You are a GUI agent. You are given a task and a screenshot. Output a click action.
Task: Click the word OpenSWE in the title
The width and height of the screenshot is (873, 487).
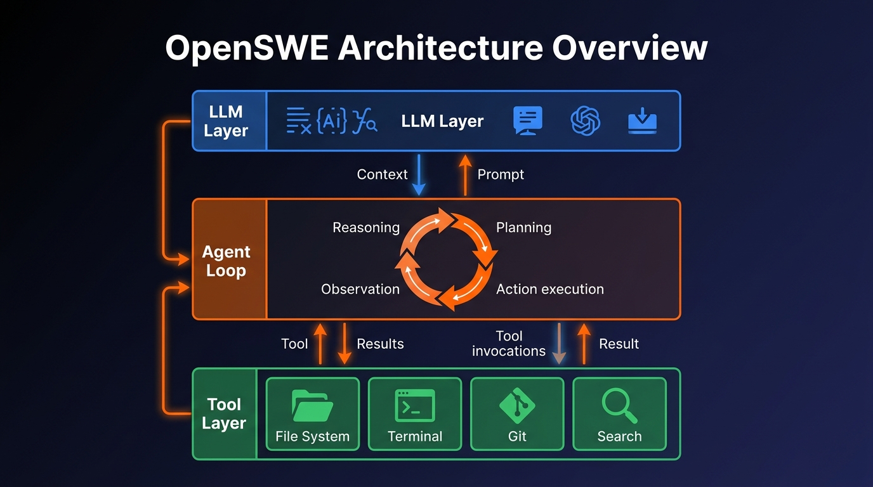tap(246, 48)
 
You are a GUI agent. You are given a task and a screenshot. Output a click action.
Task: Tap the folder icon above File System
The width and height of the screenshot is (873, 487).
tap(312, 406)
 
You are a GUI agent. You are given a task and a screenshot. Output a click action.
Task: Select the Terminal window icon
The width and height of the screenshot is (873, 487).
tap(415, 406)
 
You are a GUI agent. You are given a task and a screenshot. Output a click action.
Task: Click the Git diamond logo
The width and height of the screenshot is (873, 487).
tap(517, 405)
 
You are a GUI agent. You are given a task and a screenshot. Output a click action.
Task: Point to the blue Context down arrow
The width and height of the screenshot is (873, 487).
tap(419, 176)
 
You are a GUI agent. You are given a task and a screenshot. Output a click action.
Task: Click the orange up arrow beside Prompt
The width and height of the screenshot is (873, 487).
tap(465, 175)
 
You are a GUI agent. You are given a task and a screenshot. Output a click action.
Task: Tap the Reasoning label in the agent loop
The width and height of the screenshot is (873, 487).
tap(366, 228)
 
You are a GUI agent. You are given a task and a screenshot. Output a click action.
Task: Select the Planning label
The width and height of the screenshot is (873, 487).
tap(523, 228)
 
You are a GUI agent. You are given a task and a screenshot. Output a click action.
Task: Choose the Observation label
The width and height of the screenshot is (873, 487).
tap(360, 289)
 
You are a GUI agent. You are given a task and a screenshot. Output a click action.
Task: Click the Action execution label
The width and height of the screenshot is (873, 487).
tap(549, 289)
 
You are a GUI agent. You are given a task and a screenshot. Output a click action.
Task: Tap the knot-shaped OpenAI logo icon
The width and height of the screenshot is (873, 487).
tap(585, 120)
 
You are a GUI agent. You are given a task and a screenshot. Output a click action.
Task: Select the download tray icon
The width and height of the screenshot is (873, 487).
tap(642, 120)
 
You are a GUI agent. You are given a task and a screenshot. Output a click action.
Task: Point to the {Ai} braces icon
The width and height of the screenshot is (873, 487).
tap(331, 120)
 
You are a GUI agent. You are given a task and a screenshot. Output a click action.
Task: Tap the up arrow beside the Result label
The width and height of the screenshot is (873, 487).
tap(584, 344)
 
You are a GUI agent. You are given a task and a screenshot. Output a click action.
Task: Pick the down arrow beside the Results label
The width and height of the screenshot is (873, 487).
tap(345, 344)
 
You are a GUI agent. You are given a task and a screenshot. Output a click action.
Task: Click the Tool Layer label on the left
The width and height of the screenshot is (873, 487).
tap(224, 413)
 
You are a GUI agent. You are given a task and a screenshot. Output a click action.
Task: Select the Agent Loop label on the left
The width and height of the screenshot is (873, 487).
tap(226, 261)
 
